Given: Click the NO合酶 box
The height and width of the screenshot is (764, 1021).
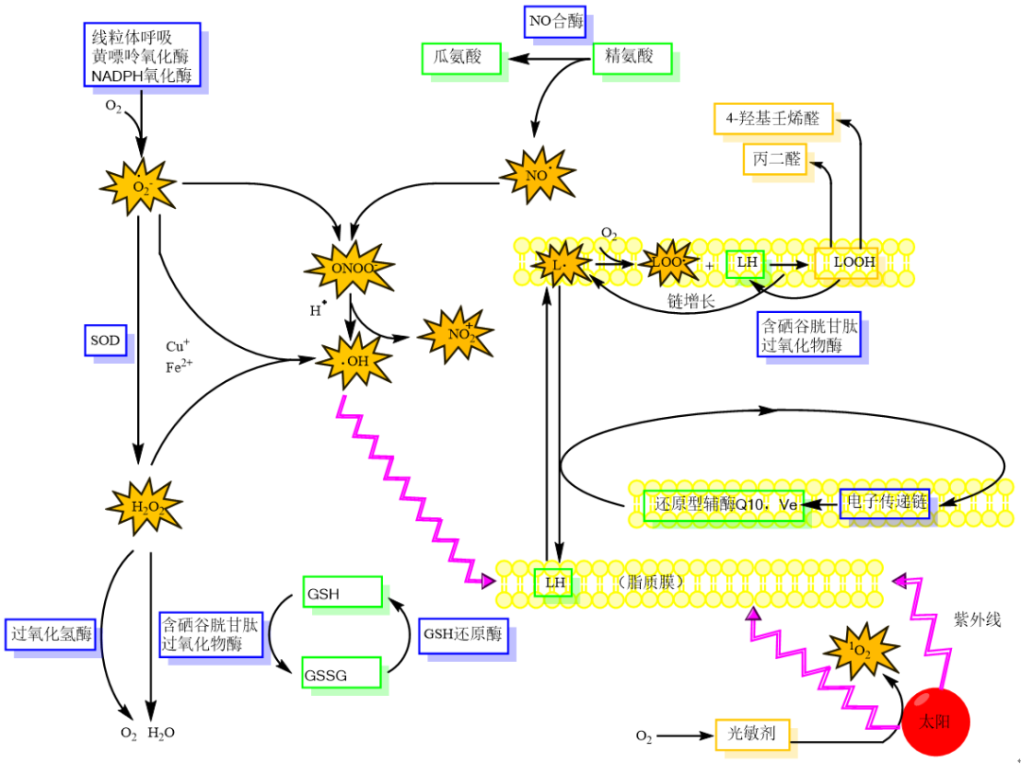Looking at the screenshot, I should pyautogui.click(x=557, y=19).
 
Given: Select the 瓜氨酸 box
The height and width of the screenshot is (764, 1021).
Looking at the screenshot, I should pyautogui.click(x=459, y=57).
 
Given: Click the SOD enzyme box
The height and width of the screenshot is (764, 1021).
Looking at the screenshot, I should pyautogui.click(x=105, y=340).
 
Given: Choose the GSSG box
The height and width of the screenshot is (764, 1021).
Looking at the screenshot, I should pyautogui.click(x=341, y=674).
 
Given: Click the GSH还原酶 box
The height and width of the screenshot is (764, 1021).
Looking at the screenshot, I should pyautogui.click(x=462, y=634).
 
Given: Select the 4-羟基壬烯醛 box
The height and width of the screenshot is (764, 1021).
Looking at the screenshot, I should pyautogui.click(x=772, y=119).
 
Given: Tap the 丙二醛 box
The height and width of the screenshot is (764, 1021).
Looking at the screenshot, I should pyautogui.click(x=777, y=159).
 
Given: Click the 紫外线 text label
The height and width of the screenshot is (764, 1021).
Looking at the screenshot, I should pyautogui.click(x=977, y=620).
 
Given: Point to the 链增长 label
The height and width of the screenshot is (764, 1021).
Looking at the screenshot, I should pyautogui.click(x=691, y=301).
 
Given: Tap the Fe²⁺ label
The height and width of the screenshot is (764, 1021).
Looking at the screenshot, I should pyautogui.click(x=179, y=368).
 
